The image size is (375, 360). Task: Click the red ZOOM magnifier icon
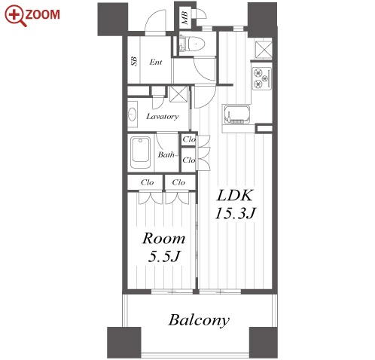click(15, 16)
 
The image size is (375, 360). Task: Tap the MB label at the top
click(185, 18)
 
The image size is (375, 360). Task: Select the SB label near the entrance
click(134, 61)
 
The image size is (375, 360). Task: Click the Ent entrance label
click(156, 62)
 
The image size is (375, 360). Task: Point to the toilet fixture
click(192, 44)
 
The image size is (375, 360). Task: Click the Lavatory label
click(163, 116)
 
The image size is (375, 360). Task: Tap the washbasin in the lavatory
click(133, 114)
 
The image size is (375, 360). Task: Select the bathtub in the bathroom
click(141, 152)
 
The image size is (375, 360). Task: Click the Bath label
click(166, 154)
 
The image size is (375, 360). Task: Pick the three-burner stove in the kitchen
click(262, 78)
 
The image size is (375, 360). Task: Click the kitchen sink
click(236, 115)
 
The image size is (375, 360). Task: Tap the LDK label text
click(235, 196)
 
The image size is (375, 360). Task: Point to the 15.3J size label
click(235, 214)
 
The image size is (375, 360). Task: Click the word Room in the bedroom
click(164, 239)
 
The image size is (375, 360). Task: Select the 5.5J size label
click(164, 256)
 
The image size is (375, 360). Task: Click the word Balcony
click(199, 320)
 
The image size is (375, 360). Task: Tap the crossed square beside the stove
click(264, 50)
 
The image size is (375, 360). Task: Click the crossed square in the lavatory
click(178, 94)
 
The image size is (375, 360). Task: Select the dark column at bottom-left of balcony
click(124, 343)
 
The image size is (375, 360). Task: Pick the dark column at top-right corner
click(262, 20)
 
